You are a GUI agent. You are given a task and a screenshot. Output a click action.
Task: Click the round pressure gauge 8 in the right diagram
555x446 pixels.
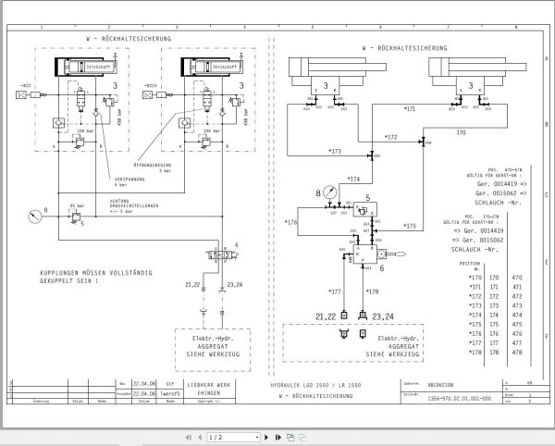[x=320, y=193]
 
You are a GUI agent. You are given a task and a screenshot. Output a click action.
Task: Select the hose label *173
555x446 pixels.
[x=334, y=150]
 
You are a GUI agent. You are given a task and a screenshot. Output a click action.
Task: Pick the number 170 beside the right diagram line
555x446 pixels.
[x=461, y=131]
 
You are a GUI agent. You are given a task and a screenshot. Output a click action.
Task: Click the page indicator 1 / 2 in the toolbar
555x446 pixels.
[x=216, y=436]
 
